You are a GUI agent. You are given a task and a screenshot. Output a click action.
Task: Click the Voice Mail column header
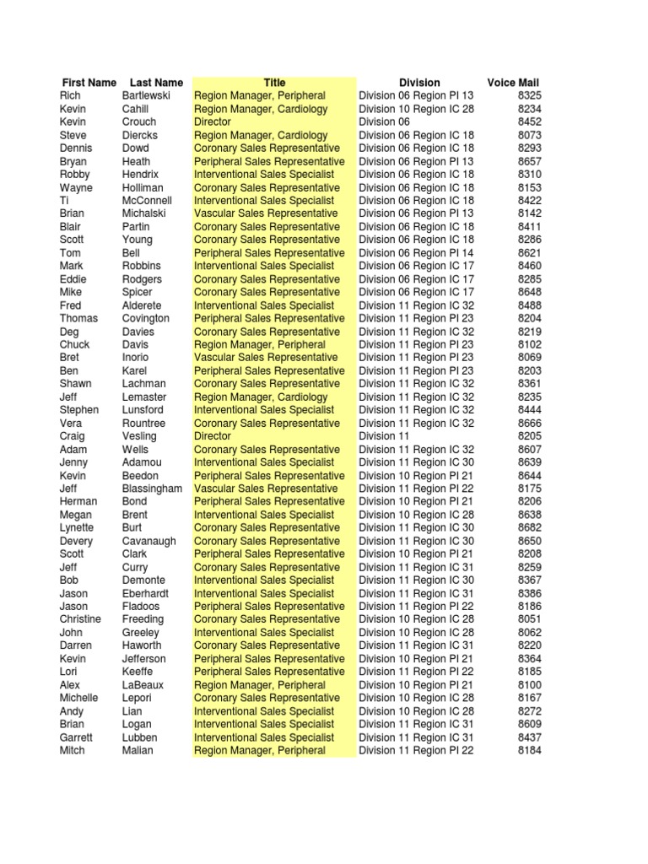pos(513,83)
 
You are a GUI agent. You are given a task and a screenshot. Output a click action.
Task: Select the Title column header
pos(274,83)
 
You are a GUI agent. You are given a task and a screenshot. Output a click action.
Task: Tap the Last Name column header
pos(156,83)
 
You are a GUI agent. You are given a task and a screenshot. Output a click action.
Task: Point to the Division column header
pos(419,83)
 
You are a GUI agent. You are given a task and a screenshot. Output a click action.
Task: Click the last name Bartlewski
pos(146,96)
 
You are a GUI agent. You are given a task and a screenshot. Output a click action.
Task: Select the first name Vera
pos(71,424)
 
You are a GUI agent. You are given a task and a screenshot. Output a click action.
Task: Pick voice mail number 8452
pos(530,122)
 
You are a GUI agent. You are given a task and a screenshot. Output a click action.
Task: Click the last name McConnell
pos(147,201)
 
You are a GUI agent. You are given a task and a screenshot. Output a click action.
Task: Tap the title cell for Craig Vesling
pos(213,436)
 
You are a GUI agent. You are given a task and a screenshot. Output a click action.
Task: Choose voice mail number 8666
pos(530,424)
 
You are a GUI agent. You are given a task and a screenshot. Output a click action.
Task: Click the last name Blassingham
pos(152,489)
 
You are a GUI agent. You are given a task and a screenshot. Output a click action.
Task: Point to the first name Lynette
pos(77,528)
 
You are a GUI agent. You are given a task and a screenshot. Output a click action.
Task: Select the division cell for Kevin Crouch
pos(384,122)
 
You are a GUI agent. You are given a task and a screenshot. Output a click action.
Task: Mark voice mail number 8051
pos(530,619)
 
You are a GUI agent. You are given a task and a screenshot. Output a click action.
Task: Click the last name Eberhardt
pos(145,593)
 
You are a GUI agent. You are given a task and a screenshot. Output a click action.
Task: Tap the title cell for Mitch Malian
pos(259,750)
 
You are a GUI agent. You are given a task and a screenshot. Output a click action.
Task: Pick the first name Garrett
pos(76,737)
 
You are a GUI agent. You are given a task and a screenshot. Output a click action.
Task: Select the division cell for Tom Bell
pos(416,253)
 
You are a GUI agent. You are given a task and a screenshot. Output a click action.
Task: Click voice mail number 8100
pos(530,685)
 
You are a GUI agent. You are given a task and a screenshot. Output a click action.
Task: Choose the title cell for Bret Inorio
pos(266,358)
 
